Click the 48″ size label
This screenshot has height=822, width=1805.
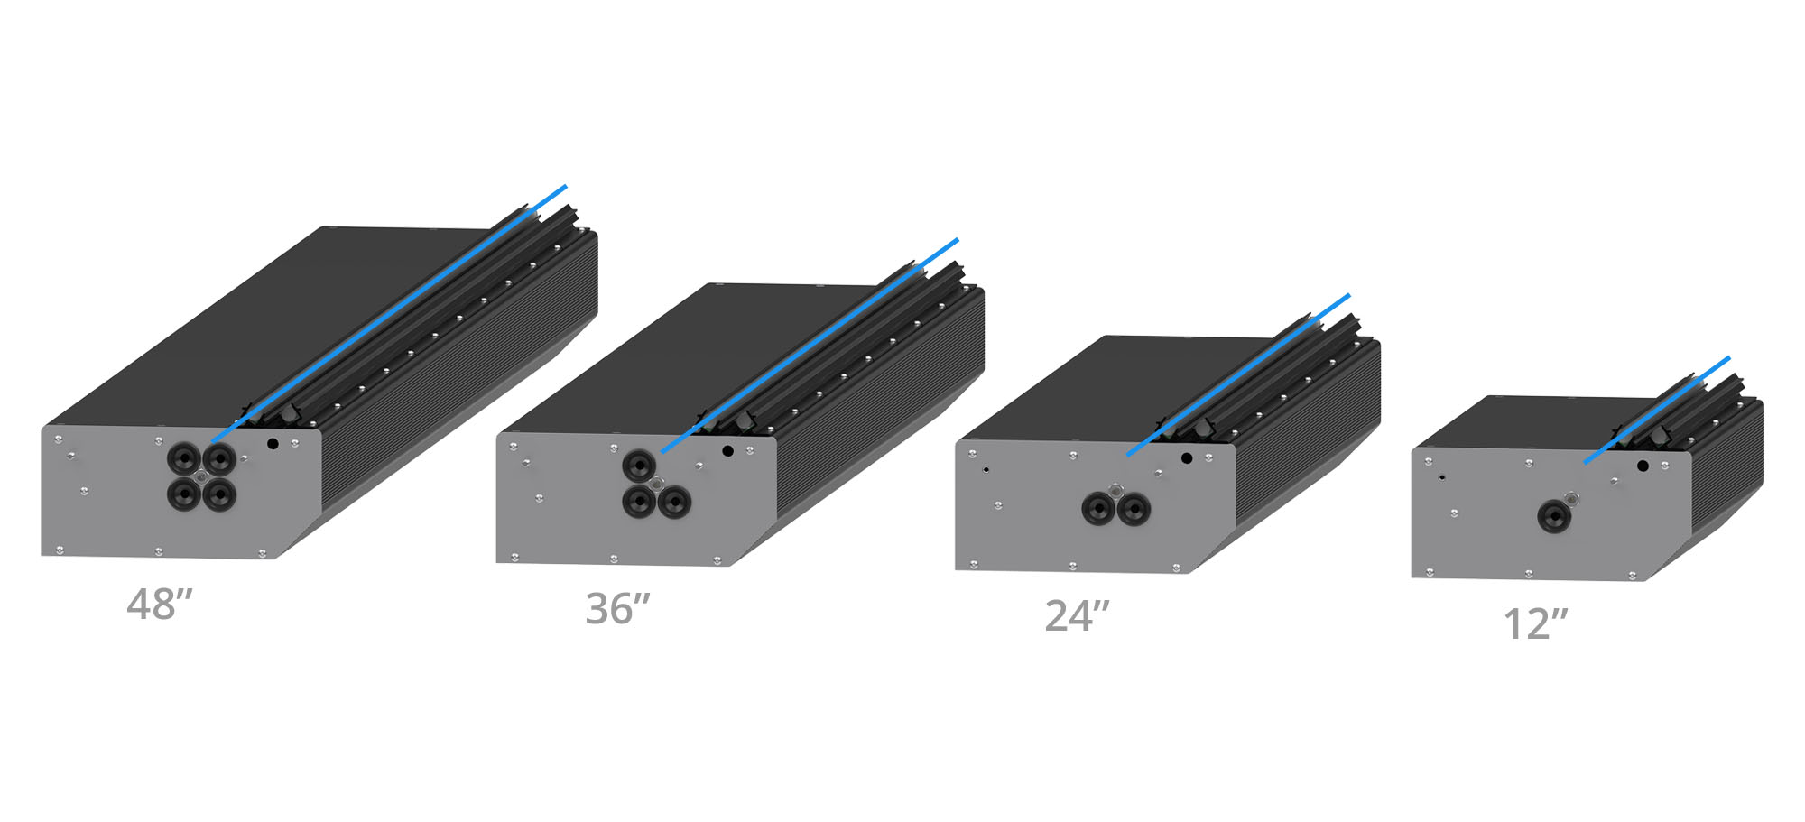pyautogui.click(x=160, y=605)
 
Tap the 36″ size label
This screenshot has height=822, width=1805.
pyautogui.click(x=617, y=609)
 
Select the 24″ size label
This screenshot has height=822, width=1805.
pyautogui.click(x=1077, y=616)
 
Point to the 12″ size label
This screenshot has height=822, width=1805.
pyautogui.click(x=1535, y=623)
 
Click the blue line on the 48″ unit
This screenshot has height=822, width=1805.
pyautogui.click(x=389, y=314)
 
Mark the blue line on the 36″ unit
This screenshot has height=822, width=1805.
pyautogui.click(x=810, y=346)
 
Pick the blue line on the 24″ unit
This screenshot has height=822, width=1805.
pyautogui.click(x=1238, y=374)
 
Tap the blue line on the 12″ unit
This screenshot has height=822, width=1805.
pyautogui.click(x=1657, y=411)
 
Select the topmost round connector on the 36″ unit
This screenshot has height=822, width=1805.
pyautogui.click(x=639, y=466)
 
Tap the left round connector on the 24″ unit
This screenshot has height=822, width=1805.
pyautogui.click(x=1097, y=510)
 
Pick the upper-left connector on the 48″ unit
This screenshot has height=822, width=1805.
pyautogui.click(x=183, y=458)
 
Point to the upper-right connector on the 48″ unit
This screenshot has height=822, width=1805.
pyautogui.click(x=219, y=458)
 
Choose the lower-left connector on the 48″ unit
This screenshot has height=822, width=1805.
pyautogui.click(x=183, y=494)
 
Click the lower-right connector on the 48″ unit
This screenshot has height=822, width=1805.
pyautogui.click(x=219, y=494)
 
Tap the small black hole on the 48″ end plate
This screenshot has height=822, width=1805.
pyautogui.click(x=273, y=444)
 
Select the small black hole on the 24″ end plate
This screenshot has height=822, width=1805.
pyautogui.click(x=1187, y=458)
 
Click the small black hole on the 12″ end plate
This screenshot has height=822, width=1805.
pyautogui.click(x=1643, y=466)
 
